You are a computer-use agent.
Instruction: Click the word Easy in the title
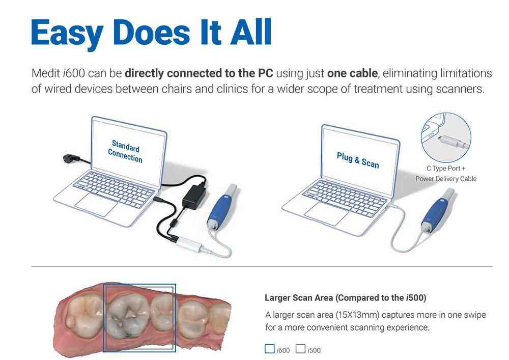(67, 33)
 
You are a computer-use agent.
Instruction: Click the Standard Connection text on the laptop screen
(125, 151)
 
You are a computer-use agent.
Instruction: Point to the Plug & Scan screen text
(358, 160)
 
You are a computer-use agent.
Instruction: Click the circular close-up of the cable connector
(446, 137)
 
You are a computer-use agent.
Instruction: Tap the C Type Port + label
(446, 168)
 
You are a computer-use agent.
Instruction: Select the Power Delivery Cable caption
(446, 179)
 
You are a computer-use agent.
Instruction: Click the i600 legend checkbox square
(269, 349)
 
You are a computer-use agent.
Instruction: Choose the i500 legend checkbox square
(300, 349)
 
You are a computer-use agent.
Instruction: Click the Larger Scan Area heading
(346, 298)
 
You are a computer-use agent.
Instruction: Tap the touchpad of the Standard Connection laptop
(96, 205)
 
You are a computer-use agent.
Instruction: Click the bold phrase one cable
(352, 73)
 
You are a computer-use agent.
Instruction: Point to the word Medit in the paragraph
(46, 73)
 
